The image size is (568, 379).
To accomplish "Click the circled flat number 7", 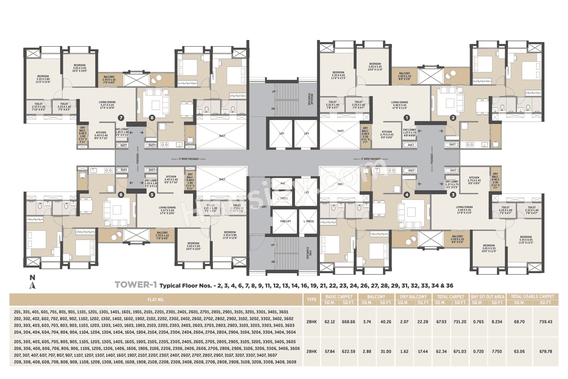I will (120, 118).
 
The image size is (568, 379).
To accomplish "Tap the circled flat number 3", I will (453, 194).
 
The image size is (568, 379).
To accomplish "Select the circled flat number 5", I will (152, 194).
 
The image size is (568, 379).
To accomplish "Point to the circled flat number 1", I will (406, 118).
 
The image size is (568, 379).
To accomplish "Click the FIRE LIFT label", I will (283, 221).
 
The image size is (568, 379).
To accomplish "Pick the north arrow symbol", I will (32, 283).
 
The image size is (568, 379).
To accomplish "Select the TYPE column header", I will (312, 299).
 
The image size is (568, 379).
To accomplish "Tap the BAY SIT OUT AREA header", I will (487, 296).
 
